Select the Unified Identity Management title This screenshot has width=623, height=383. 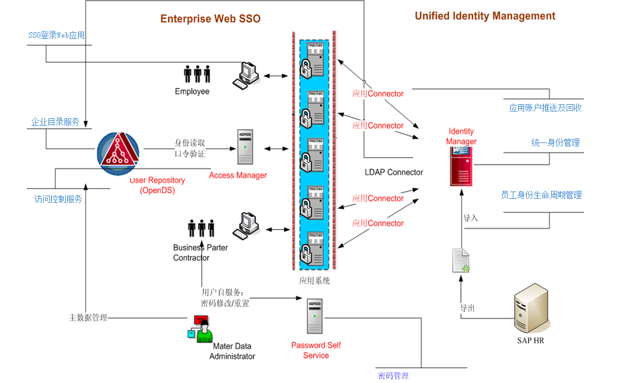click(x=485, y=16)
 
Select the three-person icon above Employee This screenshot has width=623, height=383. click(x=198, y=74)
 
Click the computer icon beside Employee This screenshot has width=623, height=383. click(x=247, y=75)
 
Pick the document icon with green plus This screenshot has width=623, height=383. click(x=461, y=261)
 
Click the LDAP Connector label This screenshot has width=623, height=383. click(x=394, y=173)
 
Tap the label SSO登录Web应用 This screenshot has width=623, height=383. click(x=56, y=35)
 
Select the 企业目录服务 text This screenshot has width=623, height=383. click(x=55, y=122)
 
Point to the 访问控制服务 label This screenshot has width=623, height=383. click(x=58, y=199)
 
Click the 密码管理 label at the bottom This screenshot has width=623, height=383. click(x=392, y=376)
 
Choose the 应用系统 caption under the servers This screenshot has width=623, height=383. click(x=315, y=280)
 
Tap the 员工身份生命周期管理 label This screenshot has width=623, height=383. click(x=541, y=196)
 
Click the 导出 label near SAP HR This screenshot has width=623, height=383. click(x=467, y=308)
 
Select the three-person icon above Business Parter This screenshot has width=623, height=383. click(x=201, y=228)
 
